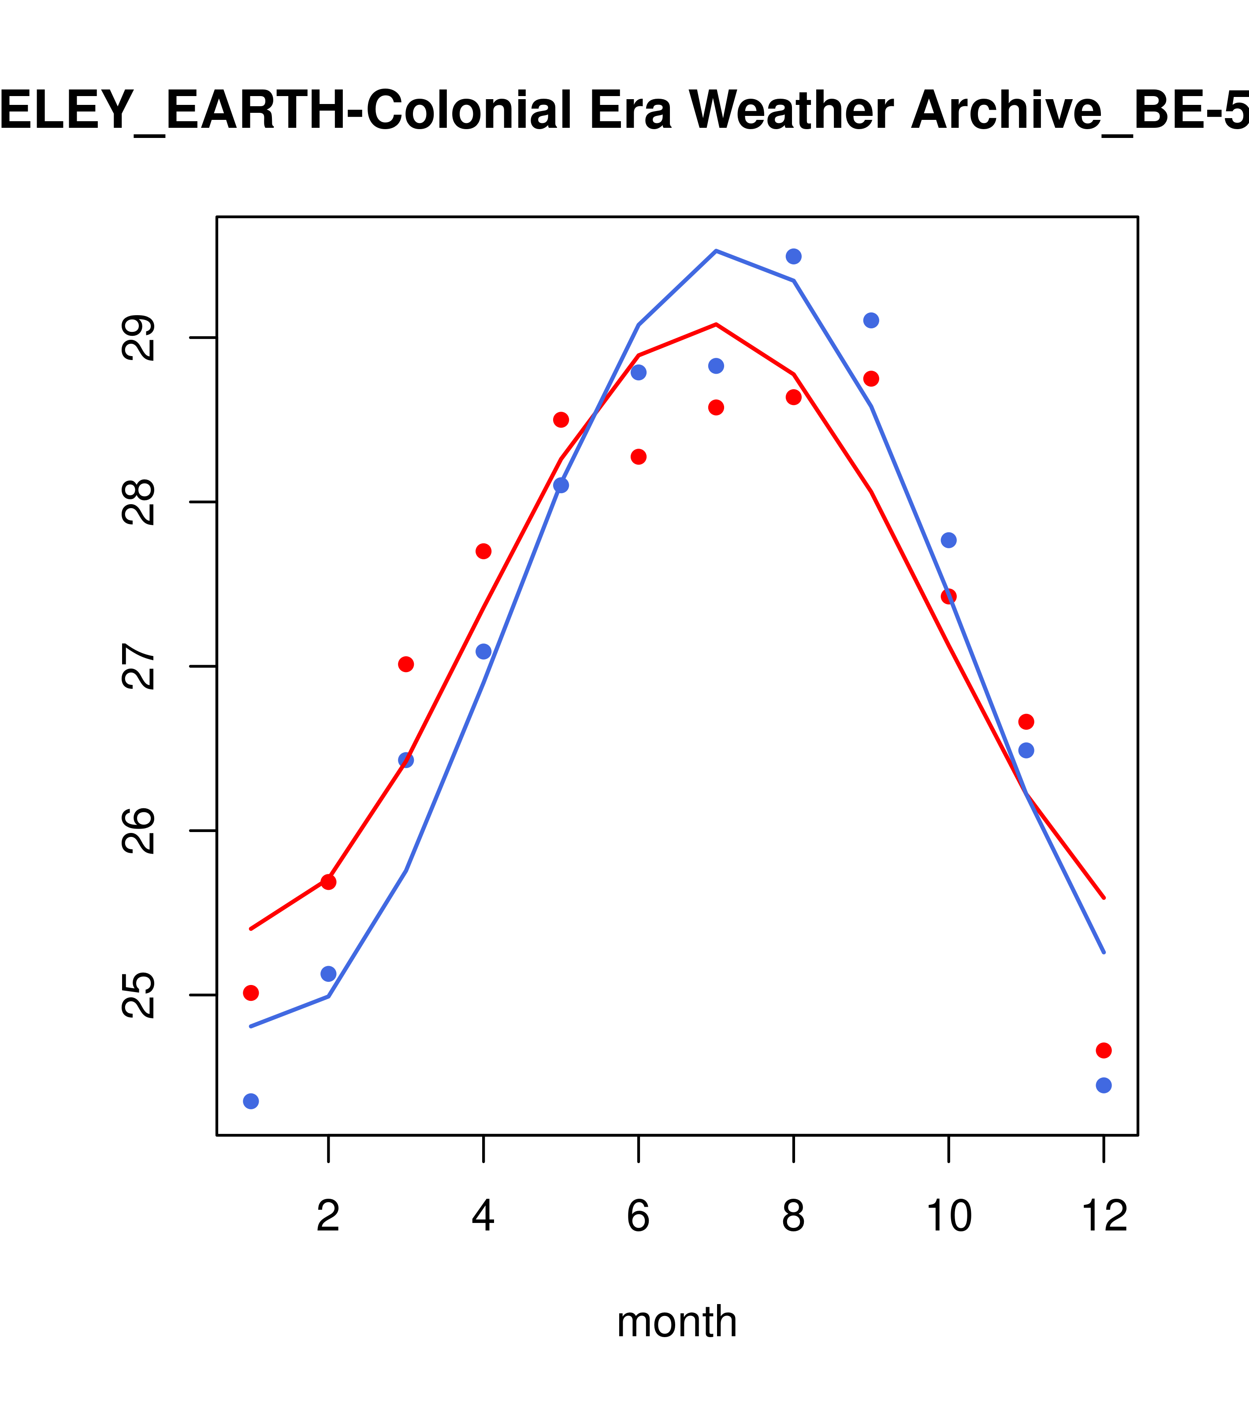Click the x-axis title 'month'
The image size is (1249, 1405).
click(x=677, y=1321)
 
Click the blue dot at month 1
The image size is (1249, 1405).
click(x=251, y=1101)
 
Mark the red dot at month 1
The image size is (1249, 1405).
click(x=251, y=992)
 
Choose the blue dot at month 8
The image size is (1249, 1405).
click(x=793, y=256)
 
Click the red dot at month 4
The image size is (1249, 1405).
click(x=483, y=551)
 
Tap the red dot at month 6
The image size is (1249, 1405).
click(x=639, y=457)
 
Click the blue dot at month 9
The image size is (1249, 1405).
click(x=871, y=320)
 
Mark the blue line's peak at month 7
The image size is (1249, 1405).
click(x=716, y=251)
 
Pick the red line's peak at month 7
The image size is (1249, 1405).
click(x=716, y=324)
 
